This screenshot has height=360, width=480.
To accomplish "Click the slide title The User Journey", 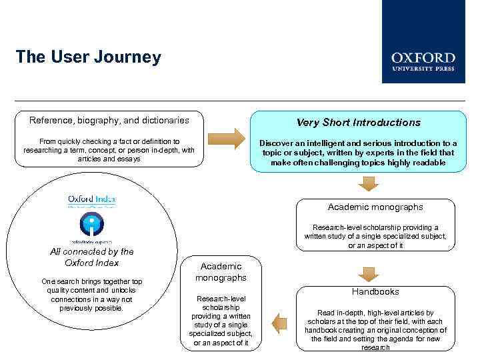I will [88, 57].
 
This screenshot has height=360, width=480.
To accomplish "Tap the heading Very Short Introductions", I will [358, 123].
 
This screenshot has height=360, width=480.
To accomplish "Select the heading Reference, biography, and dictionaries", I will [109, 121].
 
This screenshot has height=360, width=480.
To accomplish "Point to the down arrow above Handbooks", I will [367, 273].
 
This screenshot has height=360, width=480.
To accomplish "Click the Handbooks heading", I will [376, 291].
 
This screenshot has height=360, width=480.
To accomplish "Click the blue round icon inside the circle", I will [91, 225].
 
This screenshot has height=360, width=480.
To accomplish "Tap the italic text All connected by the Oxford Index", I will [92, 257].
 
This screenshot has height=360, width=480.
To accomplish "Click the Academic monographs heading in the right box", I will [375, 207].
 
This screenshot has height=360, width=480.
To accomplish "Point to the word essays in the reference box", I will [128, 159].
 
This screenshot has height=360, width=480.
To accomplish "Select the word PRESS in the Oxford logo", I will [443, 69].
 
